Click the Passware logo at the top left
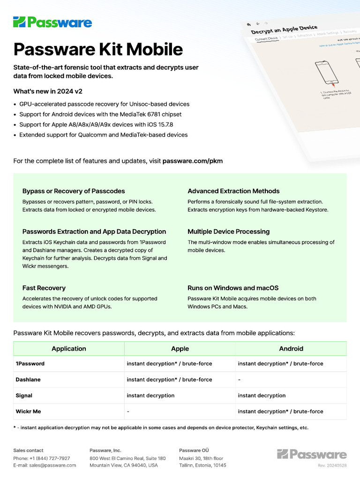[52, 22]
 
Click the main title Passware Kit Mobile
[98, 50]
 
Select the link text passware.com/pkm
[192, 161]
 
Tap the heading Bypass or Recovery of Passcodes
[74, 191]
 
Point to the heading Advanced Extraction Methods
[233, 191]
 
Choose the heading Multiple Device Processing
[228, 232]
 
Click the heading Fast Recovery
[44, 288]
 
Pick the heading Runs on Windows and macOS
[233, 288]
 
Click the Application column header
[69, 349]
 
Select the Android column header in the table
[291, 349]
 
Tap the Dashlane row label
[29, 380]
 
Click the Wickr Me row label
[28, 412]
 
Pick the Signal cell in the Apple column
[150, 396]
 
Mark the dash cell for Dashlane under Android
[239, 380]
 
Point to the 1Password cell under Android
[280, 364]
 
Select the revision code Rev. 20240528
[332, 465]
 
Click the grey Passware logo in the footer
[312, 454]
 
